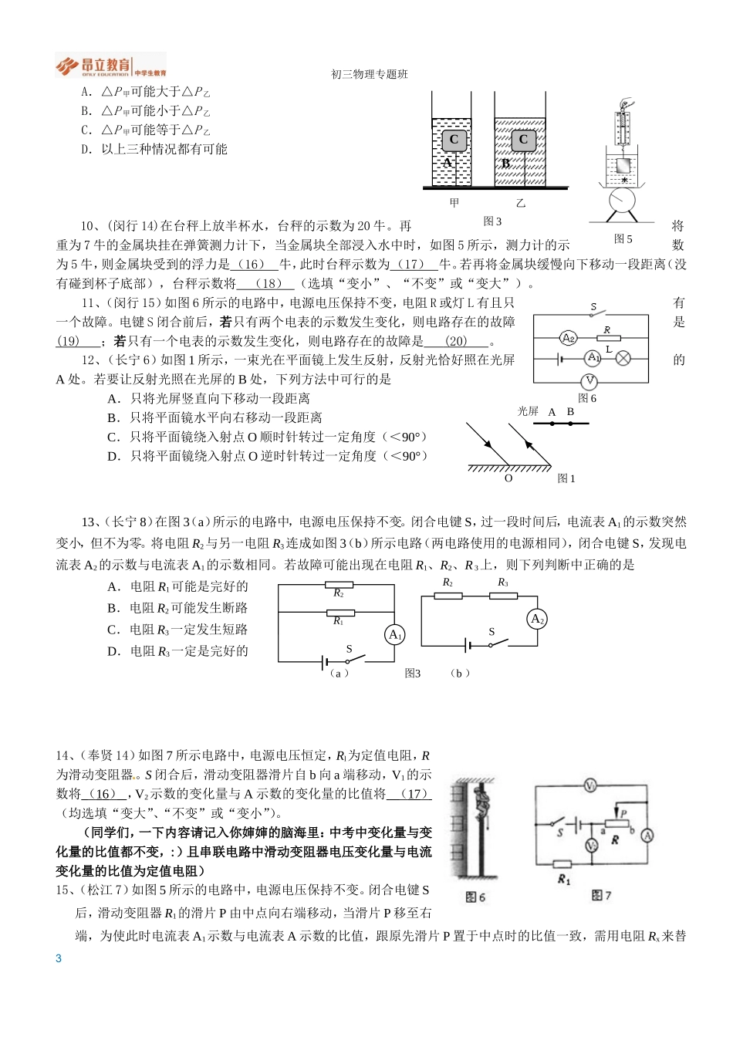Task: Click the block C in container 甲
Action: pyautogui.click(x=454, y=140)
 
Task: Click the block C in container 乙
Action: pyautogui.click(x=523, y=140)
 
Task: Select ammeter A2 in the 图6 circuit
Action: pyautogui.click(x=569, y=338)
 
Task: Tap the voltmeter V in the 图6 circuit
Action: pyautogui.click(x=590, y=380)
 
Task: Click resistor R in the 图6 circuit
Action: pyautogui.click(x=608, y=338)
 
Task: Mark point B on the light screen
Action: pyautogui.click(x=570, y=423)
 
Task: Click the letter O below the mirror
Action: pyautogui.click(x=508, y=478)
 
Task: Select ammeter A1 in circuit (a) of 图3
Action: pyautogui.click(x=395, y=634)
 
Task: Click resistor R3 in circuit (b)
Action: pyautogui.click(x=503, y=596)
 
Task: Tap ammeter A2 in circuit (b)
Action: pyautogui.click(x=537, y=619)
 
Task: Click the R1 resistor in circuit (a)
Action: pyautogui.click(x=339, y=613)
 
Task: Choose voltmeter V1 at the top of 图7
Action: pyautogui.click(x=590, y=785)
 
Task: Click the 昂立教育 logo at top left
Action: pyautogui.click(x=110, y=66)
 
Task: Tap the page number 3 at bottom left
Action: pyautogui.click(x=59, y=958)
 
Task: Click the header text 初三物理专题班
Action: pyautogui.click(x=369, y=74)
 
